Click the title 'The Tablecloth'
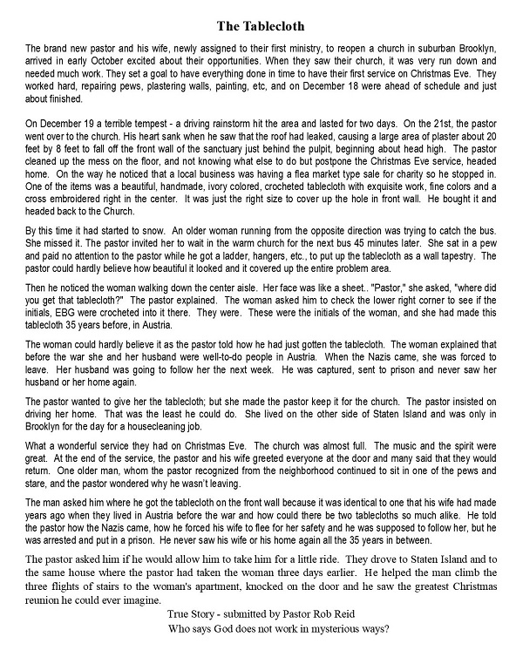click(261, 18)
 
